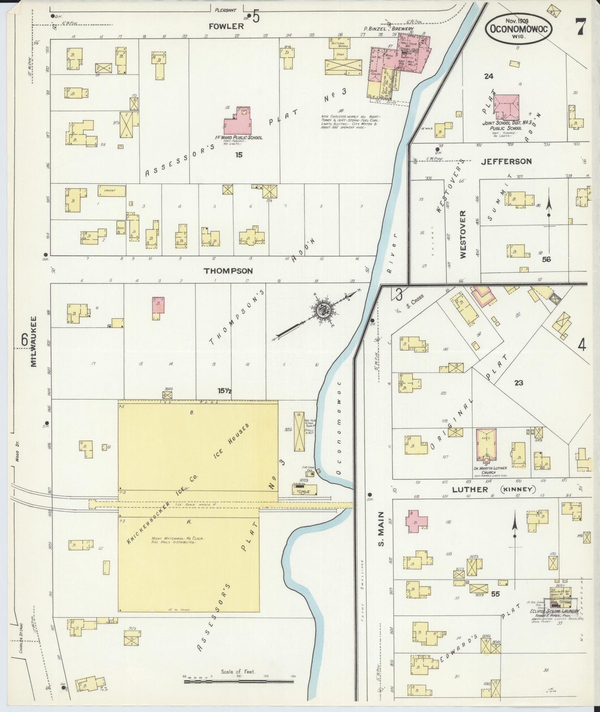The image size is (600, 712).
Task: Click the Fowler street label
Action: [226, 26]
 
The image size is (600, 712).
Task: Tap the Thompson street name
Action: [228, 271]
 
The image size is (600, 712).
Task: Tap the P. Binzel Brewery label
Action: [388, 29]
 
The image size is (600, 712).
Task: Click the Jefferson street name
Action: [506, 162]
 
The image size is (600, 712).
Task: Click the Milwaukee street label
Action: [34, 342]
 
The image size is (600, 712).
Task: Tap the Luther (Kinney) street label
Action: [492, 489]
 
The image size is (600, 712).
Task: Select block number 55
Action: [495, 594]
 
